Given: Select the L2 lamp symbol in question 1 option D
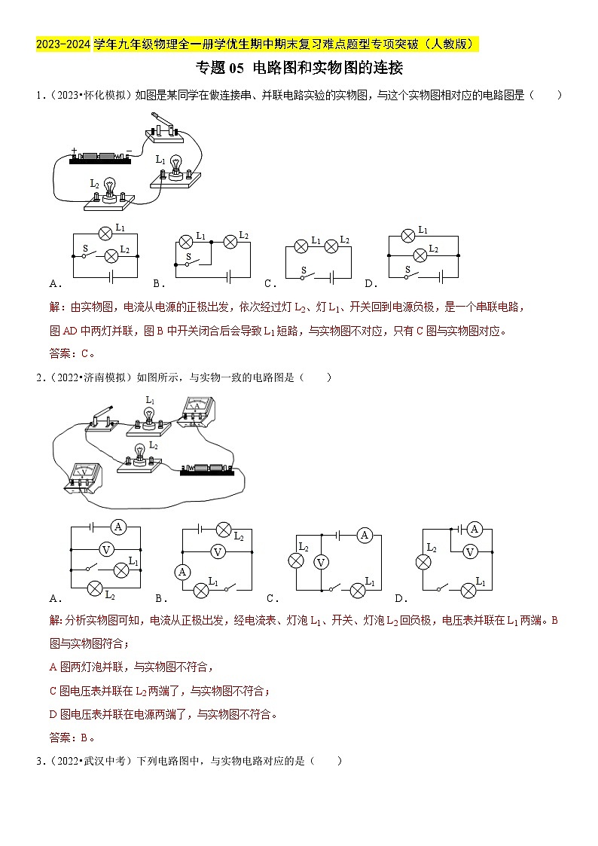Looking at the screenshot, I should [x=421, y=255].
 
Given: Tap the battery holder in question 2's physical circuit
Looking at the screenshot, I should [x=210, y=470].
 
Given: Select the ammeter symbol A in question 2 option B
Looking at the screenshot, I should [x=182, y=573].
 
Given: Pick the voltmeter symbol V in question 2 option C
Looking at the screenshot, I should [x=321, y=562].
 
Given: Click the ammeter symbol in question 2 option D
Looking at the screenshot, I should [x=474, y=530].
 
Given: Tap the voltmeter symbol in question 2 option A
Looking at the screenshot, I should [x=106, y=549].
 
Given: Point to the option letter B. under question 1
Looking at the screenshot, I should [x=159, y=284].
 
